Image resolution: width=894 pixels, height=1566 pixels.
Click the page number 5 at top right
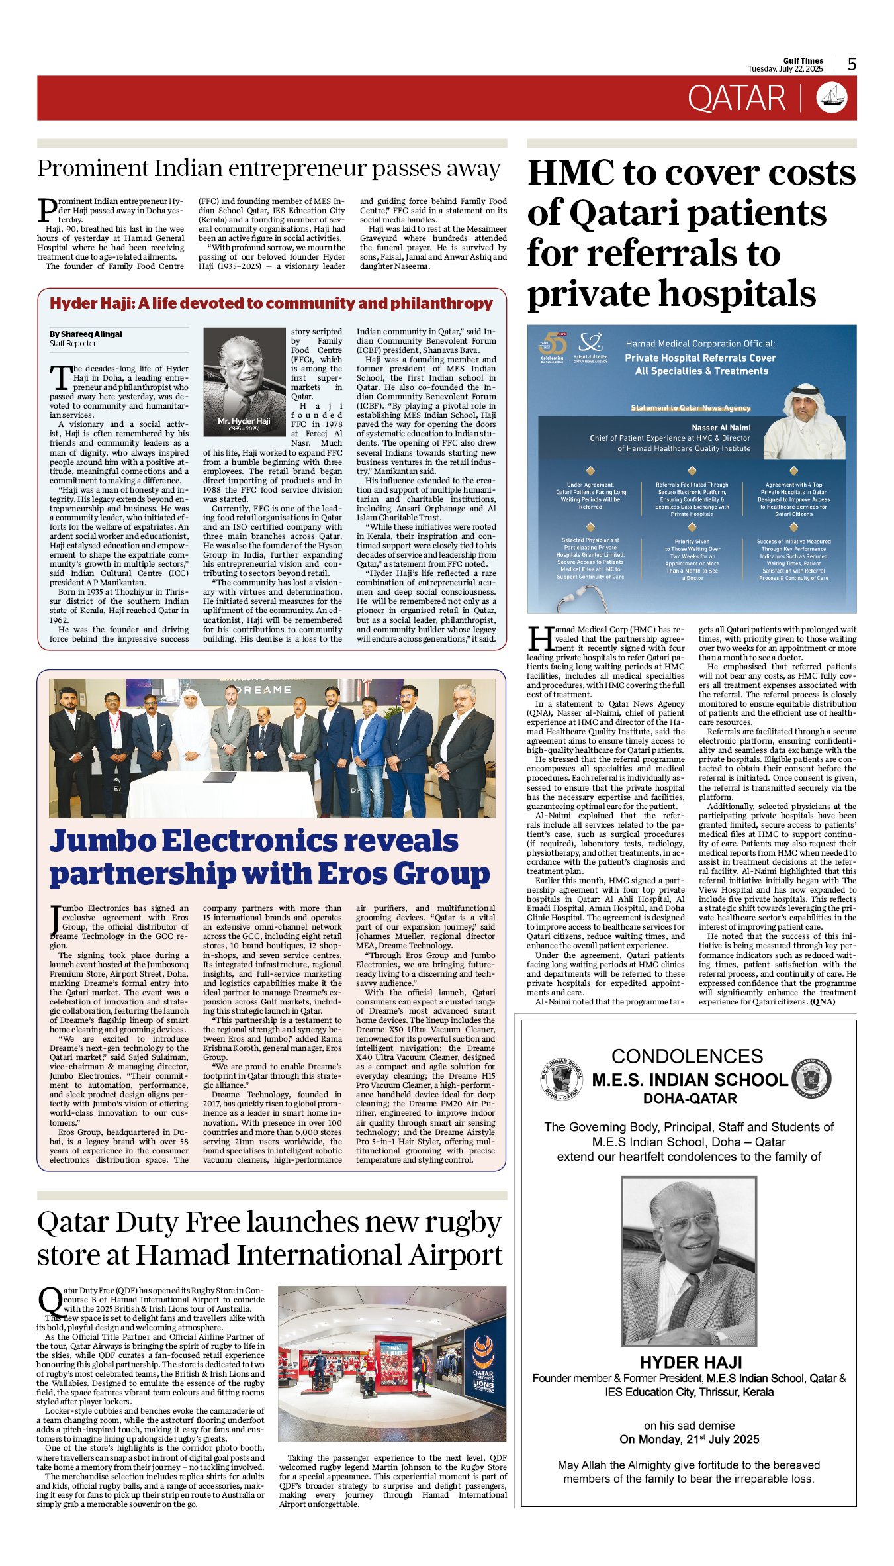pyautogui.click(x=852, y=64)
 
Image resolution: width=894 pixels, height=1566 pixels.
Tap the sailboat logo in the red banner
pyautogui.click(x=832, y=98)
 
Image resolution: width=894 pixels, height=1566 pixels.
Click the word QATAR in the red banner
pyautogui.click(x=737, y=99)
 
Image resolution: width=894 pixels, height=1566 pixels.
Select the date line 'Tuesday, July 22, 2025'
pyautogui.click(x=785, y=69)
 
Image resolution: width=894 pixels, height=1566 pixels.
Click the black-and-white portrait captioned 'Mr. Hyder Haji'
pyautogui.click(x=244, y=381)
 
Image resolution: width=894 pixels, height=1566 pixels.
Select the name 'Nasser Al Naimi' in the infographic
pyautogui.click(x=721, y=428)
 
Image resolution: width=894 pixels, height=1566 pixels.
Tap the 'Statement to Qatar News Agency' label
pyautogui.click(x=690, y=408)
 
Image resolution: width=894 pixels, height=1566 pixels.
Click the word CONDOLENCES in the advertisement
pyautogui.click(x=687, y=1056)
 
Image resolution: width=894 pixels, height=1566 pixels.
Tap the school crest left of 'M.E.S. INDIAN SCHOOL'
pyautogui.click(x=561, y=1079)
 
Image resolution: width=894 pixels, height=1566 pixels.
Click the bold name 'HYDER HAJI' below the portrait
pyautogui.click(x=691, y=1363)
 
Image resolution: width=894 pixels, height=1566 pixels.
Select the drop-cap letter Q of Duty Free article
pyautogui.click(x=50, y=1299)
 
